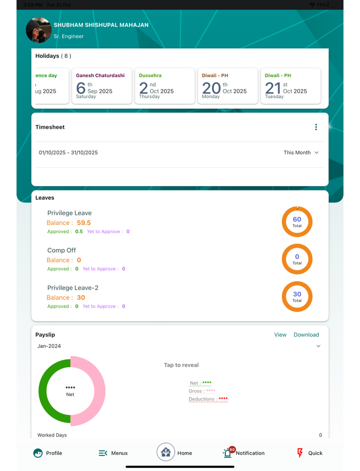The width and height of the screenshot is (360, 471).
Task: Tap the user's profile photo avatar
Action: [39, 30]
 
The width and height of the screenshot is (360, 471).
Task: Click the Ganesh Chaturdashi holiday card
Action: [101, 86]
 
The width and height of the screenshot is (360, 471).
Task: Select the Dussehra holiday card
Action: [165, 86]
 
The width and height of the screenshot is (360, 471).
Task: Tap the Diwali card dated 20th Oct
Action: [227, 86]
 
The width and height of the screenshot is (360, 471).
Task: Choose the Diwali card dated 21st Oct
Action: [291, 86]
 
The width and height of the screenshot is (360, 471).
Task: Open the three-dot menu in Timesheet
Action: [316, 127]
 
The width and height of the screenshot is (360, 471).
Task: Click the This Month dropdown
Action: [301, 152]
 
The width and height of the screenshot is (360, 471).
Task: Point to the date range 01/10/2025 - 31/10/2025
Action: [68, 152]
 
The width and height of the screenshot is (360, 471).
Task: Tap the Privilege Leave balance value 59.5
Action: [83, 223]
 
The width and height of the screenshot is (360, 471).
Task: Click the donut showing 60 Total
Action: [297, 222]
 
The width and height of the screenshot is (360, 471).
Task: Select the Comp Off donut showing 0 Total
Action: [297, 259]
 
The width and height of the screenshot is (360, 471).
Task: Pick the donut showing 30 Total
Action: [297, 296]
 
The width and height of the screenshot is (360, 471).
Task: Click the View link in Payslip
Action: [280, 335]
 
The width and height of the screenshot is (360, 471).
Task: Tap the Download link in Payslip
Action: [306, 335]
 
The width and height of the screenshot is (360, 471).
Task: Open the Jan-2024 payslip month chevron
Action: [318, 346]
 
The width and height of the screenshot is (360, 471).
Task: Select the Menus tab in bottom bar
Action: [113, 453]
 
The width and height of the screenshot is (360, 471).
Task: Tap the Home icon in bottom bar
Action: [166, 452]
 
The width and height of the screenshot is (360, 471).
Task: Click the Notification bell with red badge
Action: [228, 453]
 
